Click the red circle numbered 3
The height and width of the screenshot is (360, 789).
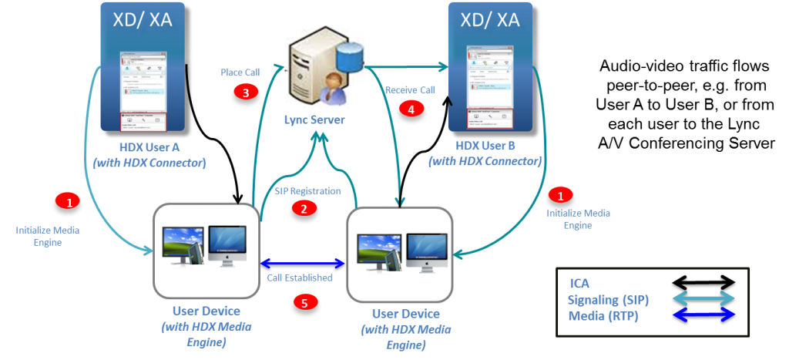coord(244,93)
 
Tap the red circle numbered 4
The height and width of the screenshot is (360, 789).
coord(411,109)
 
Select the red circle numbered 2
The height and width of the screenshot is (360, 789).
coord(304,207)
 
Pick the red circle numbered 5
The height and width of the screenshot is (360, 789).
coord(306,302)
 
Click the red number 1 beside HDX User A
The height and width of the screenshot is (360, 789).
coord(69,202)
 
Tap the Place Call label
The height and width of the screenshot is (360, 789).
coord(240,72)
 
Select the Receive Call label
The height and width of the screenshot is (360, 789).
coord(411,90)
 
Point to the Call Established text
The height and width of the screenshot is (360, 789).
coord(305,278)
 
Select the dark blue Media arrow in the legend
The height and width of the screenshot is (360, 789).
coord(703,315)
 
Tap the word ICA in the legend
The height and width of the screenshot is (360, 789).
coord(580,282)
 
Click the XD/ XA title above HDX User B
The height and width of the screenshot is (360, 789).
coord(491,19)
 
